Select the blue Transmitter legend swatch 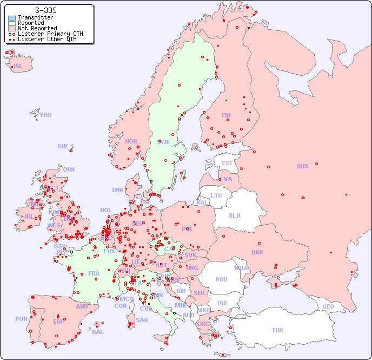click(12, 17)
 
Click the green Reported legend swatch click(12, 23)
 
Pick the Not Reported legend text click(37, 28)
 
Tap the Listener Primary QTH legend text click(50, 34)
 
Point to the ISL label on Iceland click(18, 67)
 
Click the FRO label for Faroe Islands click(46, 115)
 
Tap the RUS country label click(302, 166)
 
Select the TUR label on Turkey click(277, 330)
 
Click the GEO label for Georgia click(328, 306)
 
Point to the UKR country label click(257, 252)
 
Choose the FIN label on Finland click(226, 115)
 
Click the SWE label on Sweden click(163, 142)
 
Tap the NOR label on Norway click(131, 141)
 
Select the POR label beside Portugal click(21, 319)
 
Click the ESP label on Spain click(58, 322)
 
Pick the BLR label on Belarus click(234, 215)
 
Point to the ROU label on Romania click(221, 279)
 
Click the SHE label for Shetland click(63, 146)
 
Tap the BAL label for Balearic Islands click(97, 332)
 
